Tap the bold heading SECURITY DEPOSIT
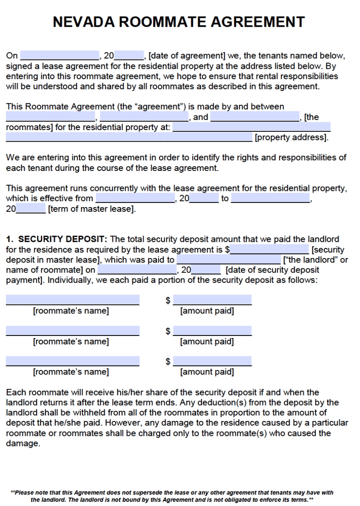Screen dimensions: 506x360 [63, 239]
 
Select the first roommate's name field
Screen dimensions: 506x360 [72, 300]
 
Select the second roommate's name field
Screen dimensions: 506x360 [72, 330]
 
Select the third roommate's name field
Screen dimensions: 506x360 [72, 361]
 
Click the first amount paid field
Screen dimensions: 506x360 [212, 300]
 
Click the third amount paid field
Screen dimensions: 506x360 [212, 361]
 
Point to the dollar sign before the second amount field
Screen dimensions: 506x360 [168, 331]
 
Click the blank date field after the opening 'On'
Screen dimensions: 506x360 [60, 55]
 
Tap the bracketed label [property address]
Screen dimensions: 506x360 [291, 138]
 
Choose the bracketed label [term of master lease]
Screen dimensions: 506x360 [92, 209]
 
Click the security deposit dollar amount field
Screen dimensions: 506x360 [269, 249]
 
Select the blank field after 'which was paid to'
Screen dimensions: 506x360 [229, 259]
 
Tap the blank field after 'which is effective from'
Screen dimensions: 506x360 [135, 198]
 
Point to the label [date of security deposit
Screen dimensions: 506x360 [272, 270]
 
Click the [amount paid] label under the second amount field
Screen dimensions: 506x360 [207, 341]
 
